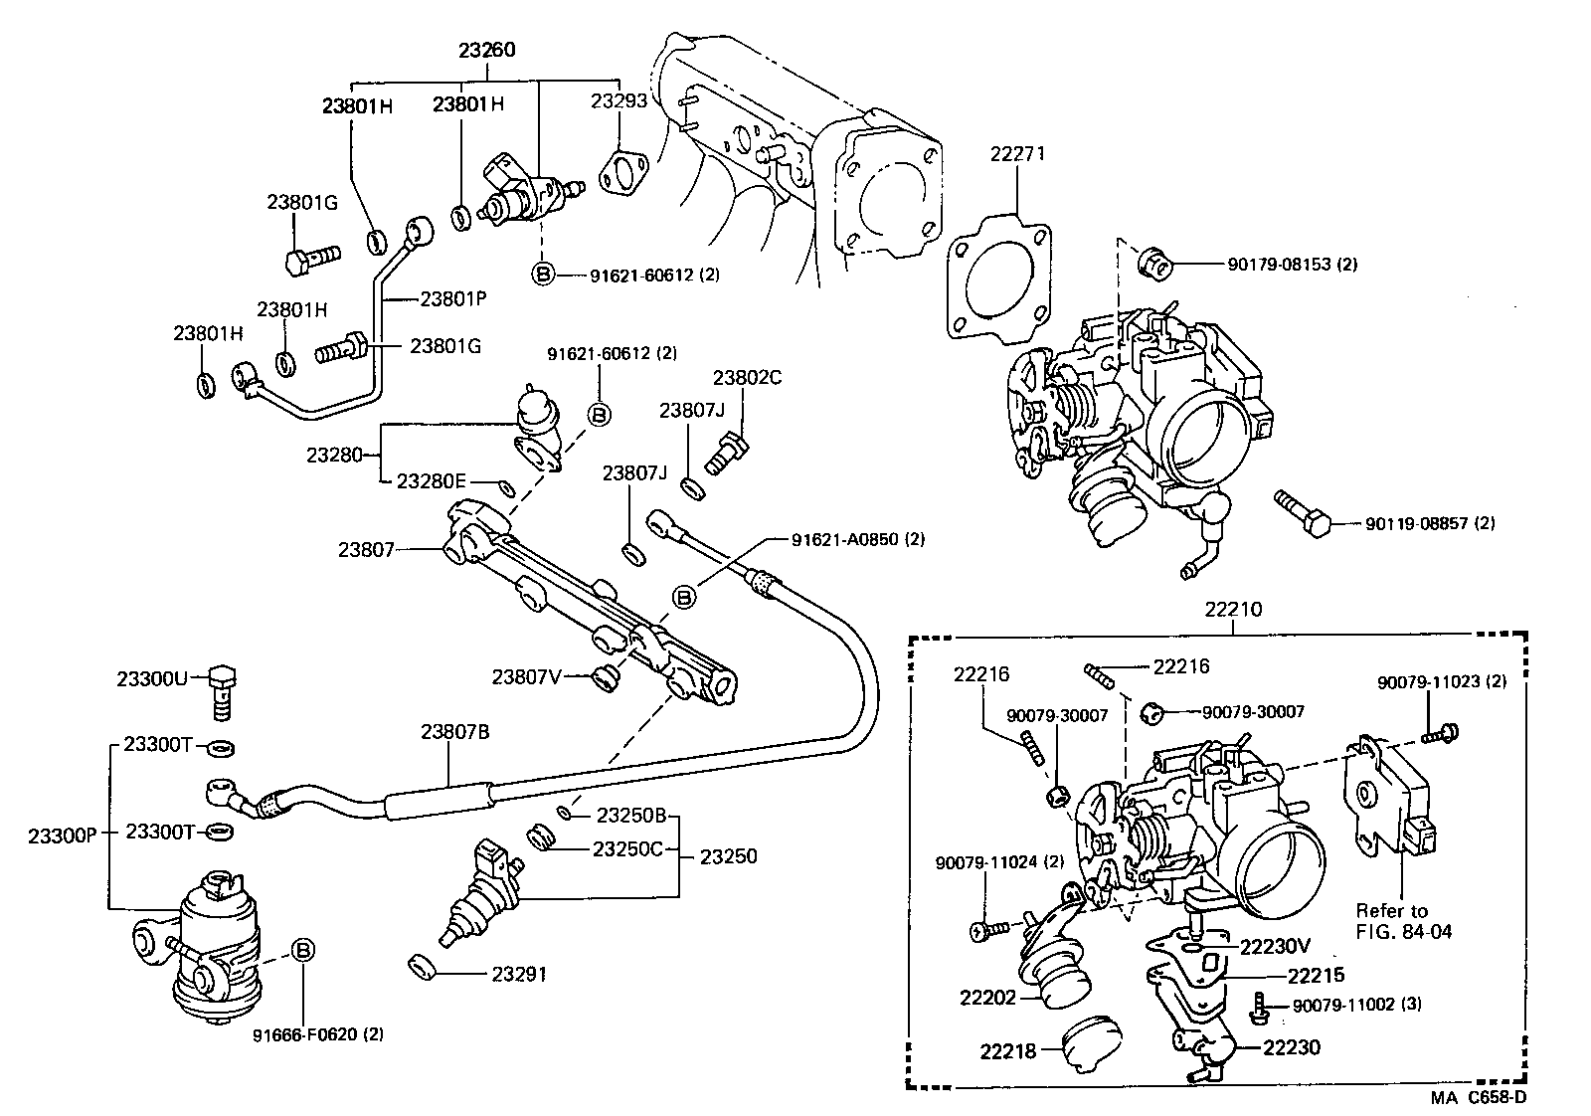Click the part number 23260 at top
tap(487, 49)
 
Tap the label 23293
tap(619, 100)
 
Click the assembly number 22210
tap(1233, 609)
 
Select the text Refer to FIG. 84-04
tap(1392, 920)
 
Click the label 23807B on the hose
tap(454, 732)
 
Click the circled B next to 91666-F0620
tap(303, 951)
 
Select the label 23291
tap(519, 974)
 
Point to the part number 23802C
tap(747, 377)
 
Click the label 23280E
tap(431, 481)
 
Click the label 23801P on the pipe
tap(452, 296)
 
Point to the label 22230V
tap(1276, 946)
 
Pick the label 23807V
tap(527, 676)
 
